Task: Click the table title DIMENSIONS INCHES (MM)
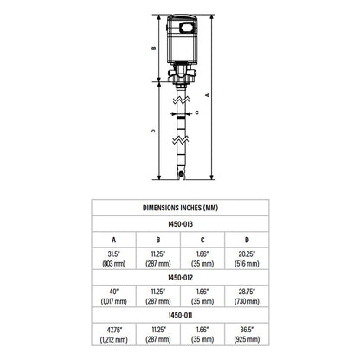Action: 179,208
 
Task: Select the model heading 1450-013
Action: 179,222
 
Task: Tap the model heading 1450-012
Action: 179,279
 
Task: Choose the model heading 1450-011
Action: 179,317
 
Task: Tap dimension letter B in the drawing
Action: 153,48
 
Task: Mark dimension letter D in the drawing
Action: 153,131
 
